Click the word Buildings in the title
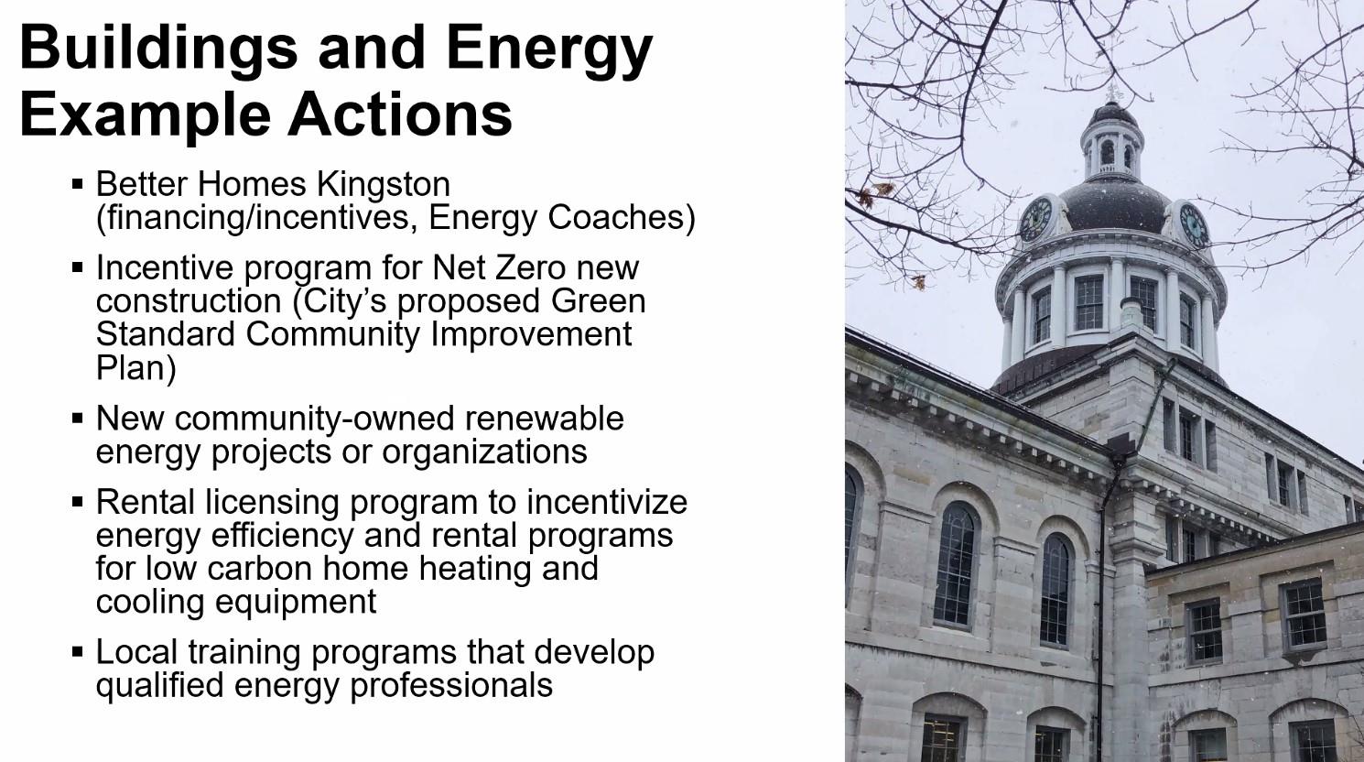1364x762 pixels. (x=158, y=49)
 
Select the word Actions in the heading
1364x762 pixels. (x=399, y=114)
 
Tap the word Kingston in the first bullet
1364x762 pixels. (x=383, y=185)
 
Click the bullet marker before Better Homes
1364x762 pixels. (x=77, y=183)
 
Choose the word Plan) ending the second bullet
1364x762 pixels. (x=135, y=368)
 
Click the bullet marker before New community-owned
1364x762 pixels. (x=77, y=419)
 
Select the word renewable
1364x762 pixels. (x=545, y=419)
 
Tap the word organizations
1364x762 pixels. (x=484, y=452)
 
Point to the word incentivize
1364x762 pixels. (x=607, y=502)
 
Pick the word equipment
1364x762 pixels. (x=296, y=603)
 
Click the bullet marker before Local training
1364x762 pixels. (x=77, y=652)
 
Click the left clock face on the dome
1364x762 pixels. (x=1035, y=219)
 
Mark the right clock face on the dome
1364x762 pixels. (x=1194, y=225)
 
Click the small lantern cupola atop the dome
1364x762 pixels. (x=1112, y=141)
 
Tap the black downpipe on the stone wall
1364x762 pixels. (x=1099, y=609)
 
